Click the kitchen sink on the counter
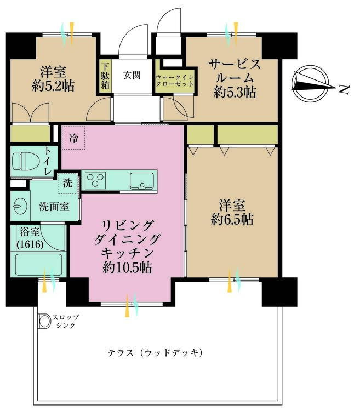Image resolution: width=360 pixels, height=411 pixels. point(141,180)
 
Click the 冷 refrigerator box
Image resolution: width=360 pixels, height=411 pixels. point(73,139)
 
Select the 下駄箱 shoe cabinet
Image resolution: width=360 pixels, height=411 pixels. point(104,76)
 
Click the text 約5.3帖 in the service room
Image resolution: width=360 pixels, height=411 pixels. point(234,93)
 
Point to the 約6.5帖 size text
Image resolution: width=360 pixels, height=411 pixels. point(234,220)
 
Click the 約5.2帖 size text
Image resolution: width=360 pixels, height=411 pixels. point(53,86)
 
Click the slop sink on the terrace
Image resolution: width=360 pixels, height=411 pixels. point(43,321)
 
